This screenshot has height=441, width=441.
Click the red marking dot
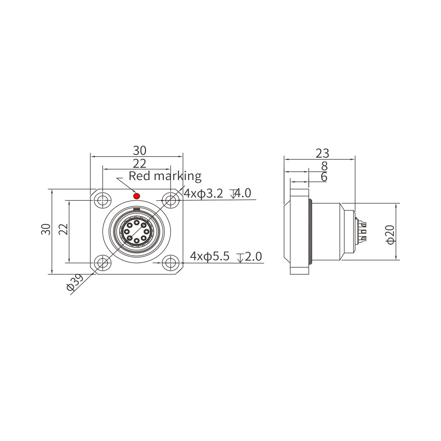coord(137,196)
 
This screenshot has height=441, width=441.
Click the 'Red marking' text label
coord(165,176)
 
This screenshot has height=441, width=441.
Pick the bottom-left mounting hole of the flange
coord(102,263)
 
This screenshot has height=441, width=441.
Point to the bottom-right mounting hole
coord(170,263)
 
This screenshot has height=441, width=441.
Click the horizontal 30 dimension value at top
coord(140,150)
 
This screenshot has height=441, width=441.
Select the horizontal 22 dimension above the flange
coord(140,164)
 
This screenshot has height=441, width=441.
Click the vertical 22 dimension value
coord(63,229)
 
